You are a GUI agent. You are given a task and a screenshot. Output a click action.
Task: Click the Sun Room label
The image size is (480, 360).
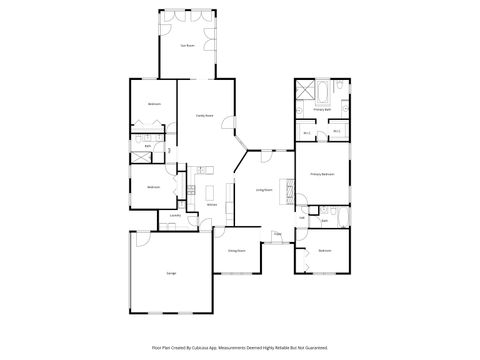(185, 46)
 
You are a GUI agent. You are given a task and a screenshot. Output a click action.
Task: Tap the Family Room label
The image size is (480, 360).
(203, 116)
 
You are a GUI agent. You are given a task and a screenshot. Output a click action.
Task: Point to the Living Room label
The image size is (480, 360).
(264, 189)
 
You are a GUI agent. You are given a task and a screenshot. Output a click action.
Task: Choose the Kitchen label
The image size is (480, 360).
(211, 205)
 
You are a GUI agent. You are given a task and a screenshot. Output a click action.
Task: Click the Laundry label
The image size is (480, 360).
(175, 215)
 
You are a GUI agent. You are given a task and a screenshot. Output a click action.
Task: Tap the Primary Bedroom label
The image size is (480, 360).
(322, 174)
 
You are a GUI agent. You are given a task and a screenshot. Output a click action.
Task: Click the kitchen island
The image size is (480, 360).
(211, 191)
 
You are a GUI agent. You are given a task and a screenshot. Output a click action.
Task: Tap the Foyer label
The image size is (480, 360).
(278, 235)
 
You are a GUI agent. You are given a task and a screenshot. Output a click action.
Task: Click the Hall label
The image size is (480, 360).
(302, 216)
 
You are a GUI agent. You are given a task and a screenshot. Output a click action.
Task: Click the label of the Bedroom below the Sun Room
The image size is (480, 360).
(154, 104)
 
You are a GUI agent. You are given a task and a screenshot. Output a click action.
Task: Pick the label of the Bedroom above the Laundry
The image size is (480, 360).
(154, 187)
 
